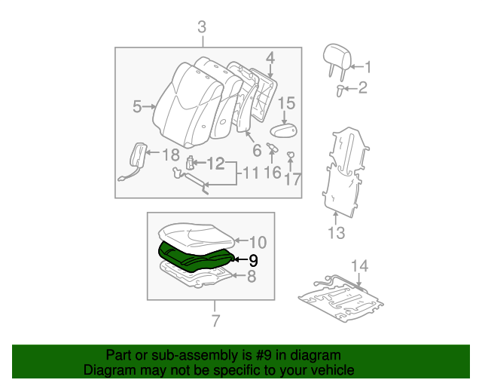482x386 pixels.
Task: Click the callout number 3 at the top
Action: pos(202,28)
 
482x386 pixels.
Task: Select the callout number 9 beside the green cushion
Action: pos(253,260)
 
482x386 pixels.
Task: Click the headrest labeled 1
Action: pos(334,60)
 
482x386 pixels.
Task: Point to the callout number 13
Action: pos(336,232)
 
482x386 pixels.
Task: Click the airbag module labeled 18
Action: pos(139,157)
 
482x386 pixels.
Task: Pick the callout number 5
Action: pos(137,107)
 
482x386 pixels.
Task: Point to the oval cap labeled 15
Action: pos(284,131)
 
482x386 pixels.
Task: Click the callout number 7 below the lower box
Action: pos(215,321)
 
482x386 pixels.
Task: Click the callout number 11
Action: pos(249,175)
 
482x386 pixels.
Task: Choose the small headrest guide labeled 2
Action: pos(340,90)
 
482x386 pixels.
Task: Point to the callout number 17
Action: pos(292,180)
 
